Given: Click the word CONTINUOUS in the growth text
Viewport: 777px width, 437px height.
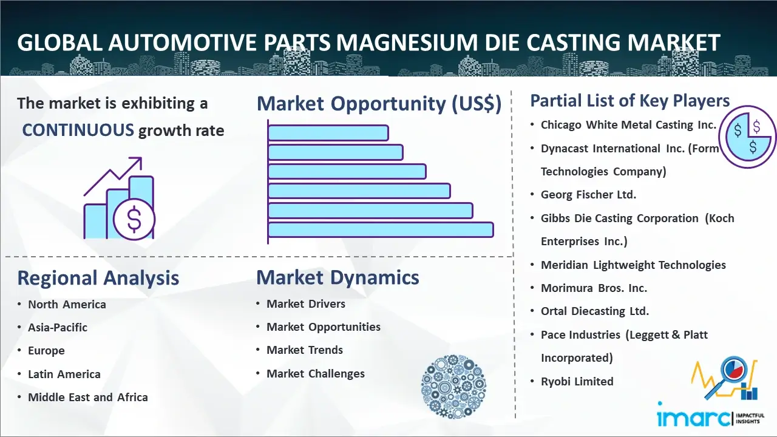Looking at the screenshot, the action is tap(78, 130).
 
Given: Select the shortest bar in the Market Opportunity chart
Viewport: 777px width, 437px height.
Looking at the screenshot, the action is tap(328, 133).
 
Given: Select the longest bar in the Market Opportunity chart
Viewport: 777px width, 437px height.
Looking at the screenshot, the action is tap(381, 230).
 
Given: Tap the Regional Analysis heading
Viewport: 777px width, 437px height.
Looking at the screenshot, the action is tap(98, 278).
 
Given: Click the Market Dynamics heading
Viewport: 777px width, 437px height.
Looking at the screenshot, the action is tap(338, 277).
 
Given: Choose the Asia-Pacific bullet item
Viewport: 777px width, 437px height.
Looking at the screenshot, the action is tap(58, 327).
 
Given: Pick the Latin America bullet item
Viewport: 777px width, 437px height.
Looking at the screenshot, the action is tap(64, 374).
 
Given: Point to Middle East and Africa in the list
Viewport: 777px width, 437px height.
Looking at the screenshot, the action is tap(88, 397).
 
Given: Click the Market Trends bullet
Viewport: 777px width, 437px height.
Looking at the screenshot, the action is tap(305, 350).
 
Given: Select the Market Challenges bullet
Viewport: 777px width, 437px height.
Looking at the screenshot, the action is tap(315, 373).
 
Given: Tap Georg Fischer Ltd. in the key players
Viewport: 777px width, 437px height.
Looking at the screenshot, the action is tap(588, 195).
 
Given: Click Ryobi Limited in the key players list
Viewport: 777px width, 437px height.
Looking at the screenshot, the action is tap(577, 382).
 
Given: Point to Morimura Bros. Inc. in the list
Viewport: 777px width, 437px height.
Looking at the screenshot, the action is tap(594, 288).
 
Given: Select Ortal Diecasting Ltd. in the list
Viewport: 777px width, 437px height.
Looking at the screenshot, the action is tap(594, 311).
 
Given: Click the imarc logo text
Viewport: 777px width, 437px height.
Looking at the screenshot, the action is tap(693, 418).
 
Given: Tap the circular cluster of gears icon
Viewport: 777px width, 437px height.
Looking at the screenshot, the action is tap(453, 387).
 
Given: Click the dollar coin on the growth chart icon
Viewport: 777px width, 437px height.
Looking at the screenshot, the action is tap(134, 220).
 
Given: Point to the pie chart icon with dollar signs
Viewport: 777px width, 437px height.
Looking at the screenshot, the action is tap(747, 137).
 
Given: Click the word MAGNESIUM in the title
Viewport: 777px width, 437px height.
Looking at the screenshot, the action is tap(407, 42).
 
